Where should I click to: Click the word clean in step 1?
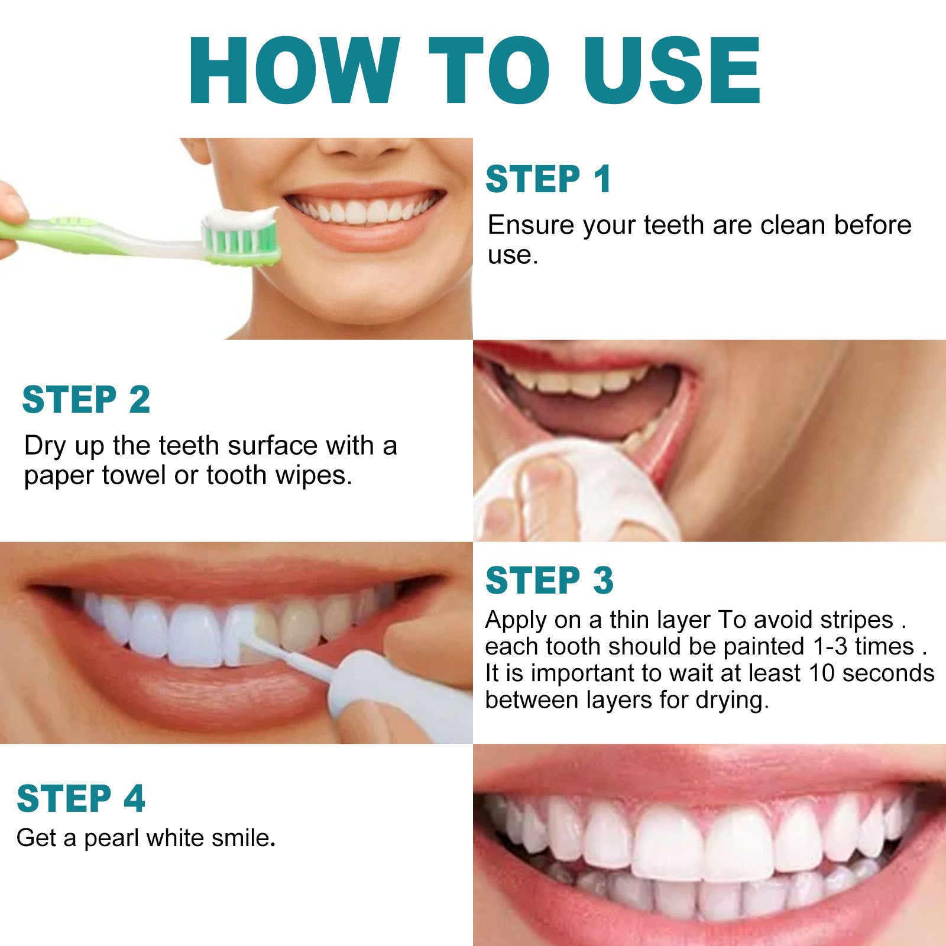pyautogui.click(x=793, y=225)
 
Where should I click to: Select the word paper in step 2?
pyautogui.click(x=59, y=476)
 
